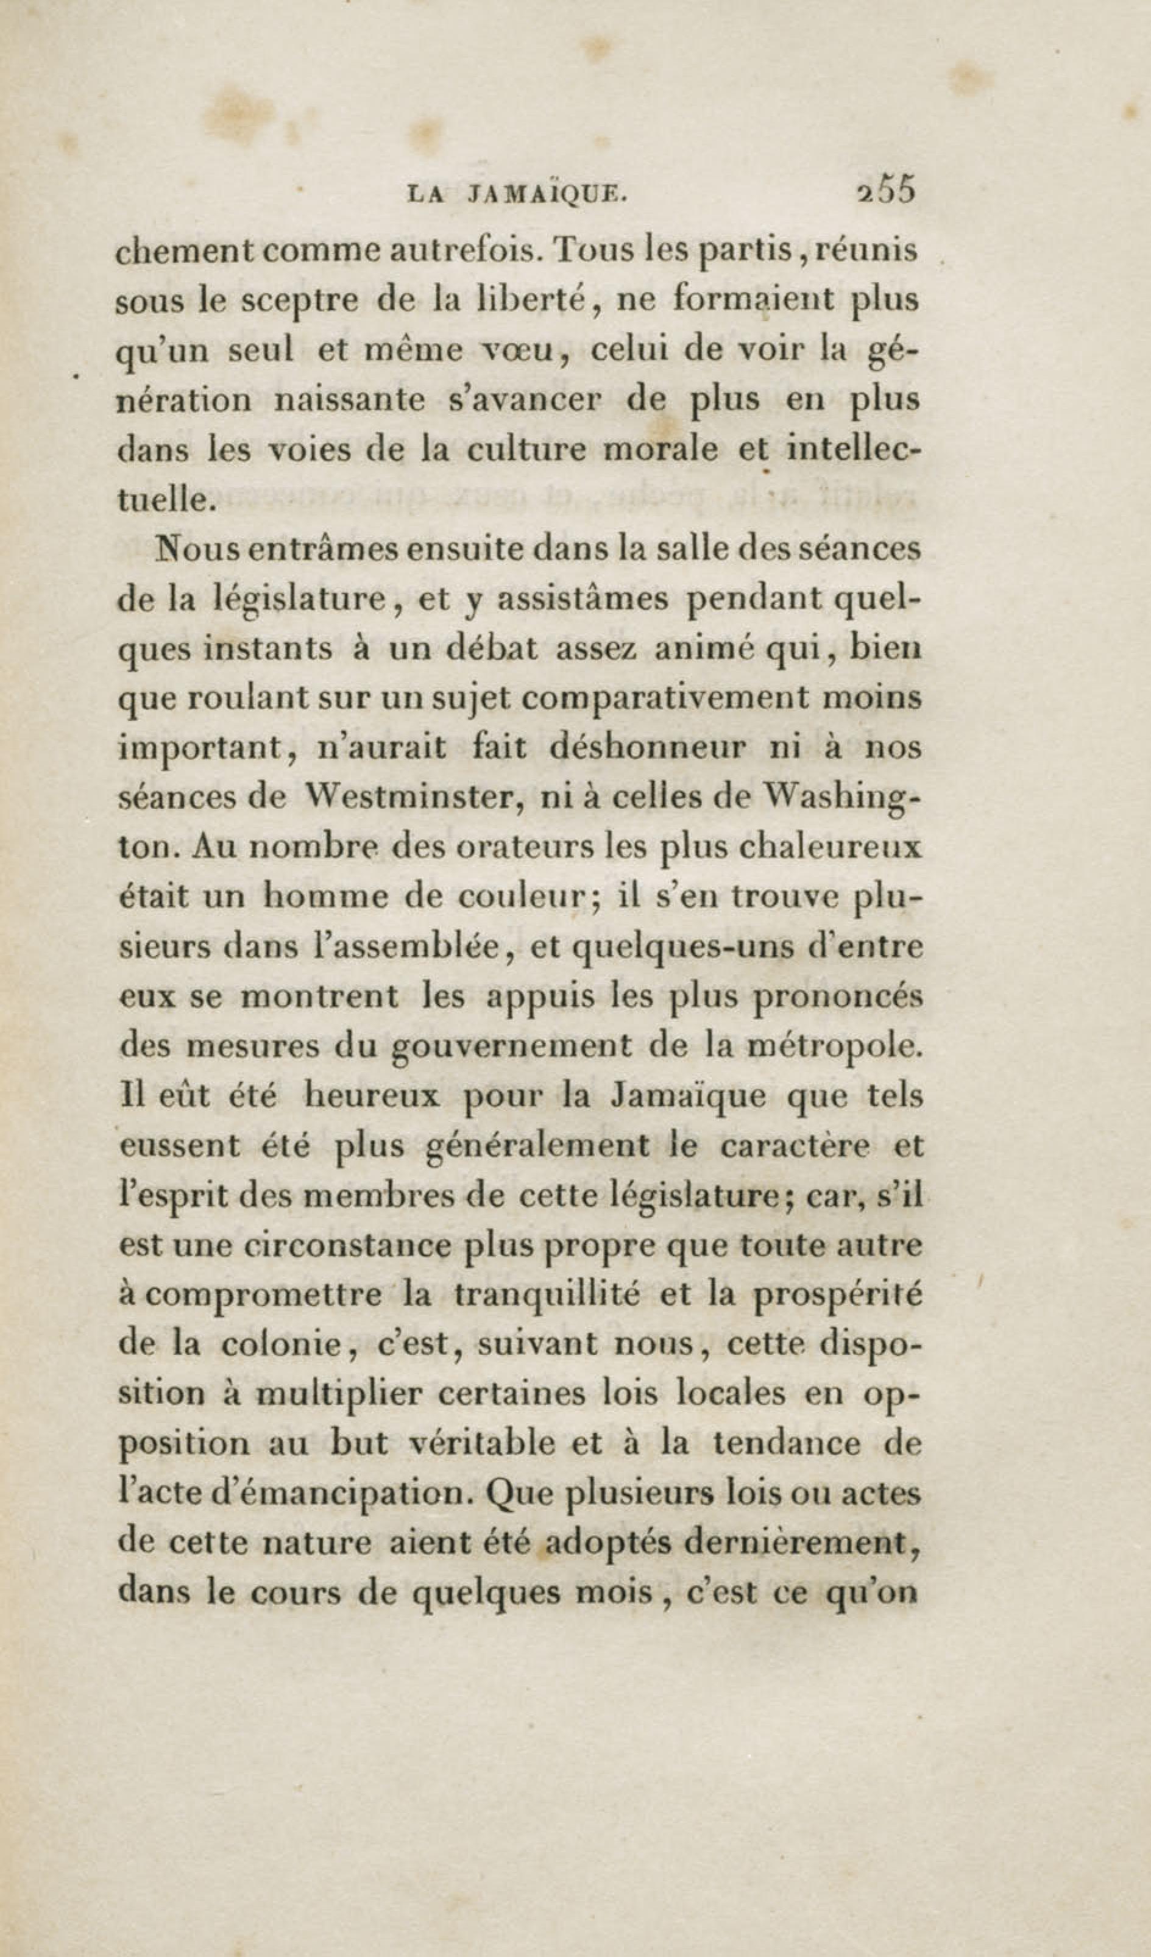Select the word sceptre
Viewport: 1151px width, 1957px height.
(x=300, y=301)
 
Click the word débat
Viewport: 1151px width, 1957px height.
(x=493, y=648)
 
